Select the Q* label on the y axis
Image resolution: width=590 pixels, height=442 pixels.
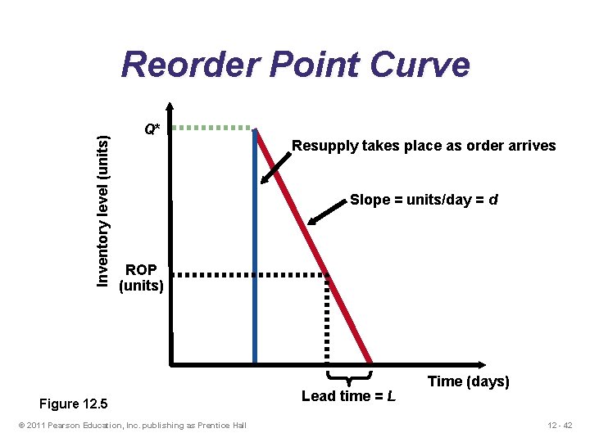click(x=152, y=129)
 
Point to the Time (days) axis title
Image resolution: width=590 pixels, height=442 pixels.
click(x=468, y=381)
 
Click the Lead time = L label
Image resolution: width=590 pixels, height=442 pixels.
click(x=349, y=397)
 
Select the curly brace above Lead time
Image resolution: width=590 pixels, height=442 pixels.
click(x=350, y=377)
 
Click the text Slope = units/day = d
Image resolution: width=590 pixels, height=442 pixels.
click(x=424, y=200)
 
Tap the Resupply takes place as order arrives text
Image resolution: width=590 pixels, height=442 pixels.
click(x=424, y=147)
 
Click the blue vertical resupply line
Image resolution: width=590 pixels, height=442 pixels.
click(x=255, y=246)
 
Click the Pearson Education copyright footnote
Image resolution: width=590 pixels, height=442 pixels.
click(x=132, y=424)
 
